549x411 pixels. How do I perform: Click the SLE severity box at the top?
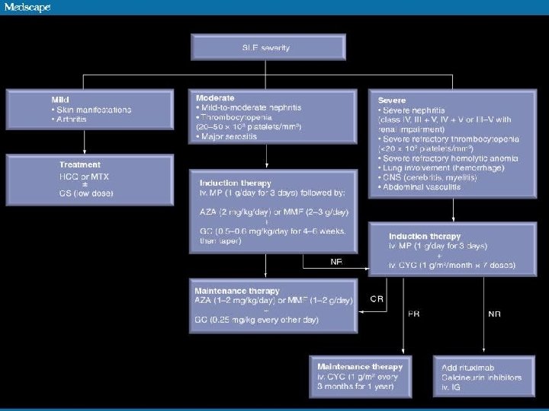(265, 48)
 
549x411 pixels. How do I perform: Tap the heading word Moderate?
(215, 98)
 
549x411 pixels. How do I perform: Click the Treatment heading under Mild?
(80, 164)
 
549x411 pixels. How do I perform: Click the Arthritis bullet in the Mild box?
(69, 120)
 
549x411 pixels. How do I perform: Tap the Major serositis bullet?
(230, 136)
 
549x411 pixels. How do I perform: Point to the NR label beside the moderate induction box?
(336, 261)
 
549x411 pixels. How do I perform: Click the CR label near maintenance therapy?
(377, 299)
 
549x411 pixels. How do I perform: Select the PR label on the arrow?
(414, 313)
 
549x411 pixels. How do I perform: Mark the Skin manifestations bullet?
(86, 110)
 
